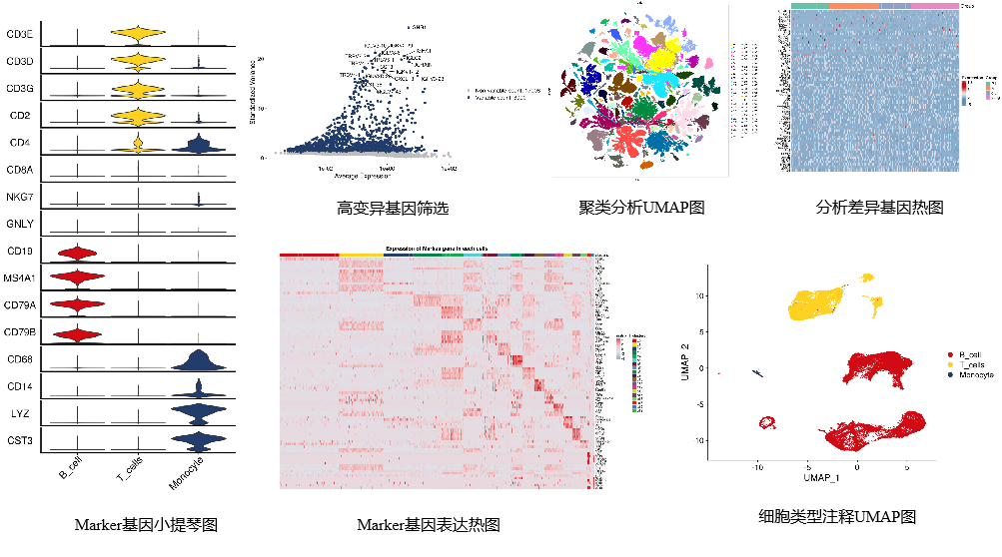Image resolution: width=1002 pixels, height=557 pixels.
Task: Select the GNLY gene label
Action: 20,224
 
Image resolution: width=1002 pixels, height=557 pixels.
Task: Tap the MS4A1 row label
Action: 23,277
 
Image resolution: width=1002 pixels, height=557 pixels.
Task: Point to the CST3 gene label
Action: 20,439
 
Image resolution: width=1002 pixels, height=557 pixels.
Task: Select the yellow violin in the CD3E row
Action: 138,36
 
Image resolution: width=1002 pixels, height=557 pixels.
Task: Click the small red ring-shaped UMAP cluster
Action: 767,423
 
